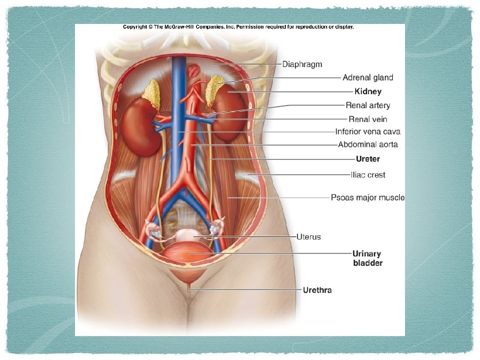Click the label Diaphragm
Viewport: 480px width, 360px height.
pyautogui.click(x=302, y=64)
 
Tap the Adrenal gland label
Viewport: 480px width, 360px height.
pyautogui.click(x=367, y=77)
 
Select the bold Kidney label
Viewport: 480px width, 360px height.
pyautogui.click(x=368, y=91)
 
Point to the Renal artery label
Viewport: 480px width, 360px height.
pyautogui.click(x=367, y=105)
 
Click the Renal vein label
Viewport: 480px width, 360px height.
pyautogui.click(x=368, y=119)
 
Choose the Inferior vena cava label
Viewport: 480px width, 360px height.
pyautogui.click(x=367, y=132)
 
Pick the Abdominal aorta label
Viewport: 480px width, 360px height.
pyautogui.click(x=367, y=144)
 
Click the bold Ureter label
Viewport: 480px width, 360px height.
pyautogui.click(x=367, y=159)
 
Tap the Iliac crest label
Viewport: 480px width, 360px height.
pyautogui.click(x=367, y=175)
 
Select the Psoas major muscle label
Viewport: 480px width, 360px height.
pyautogui.click(x=367, y=197)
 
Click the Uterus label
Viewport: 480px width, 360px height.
pyautogui.click(x=308, y=237)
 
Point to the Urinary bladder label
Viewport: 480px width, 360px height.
pyautogui.click(x=367, y=258)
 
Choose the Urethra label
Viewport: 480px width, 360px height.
pyautogui.click(x=317, y=290)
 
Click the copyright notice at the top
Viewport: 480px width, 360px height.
pyautogui.click(x=238, y=27)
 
